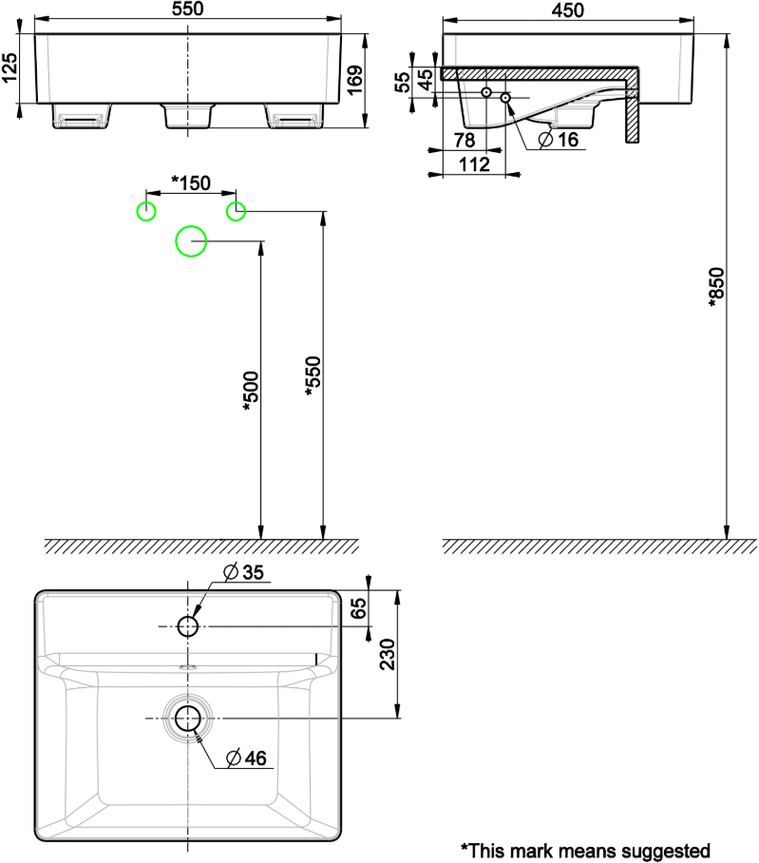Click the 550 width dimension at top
(188, 9)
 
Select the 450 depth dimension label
(568, 9)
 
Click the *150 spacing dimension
(191, 182)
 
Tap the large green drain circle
(191, 241)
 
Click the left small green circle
(145, 211)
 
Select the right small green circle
(236, 211)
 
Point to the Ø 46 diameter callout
(246, 758)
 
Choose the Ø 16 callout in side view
(559, 139)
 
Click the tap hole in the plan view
(188, 626)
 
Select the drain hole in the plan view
(188, 718)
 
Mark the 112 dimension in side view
(475, 165)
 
